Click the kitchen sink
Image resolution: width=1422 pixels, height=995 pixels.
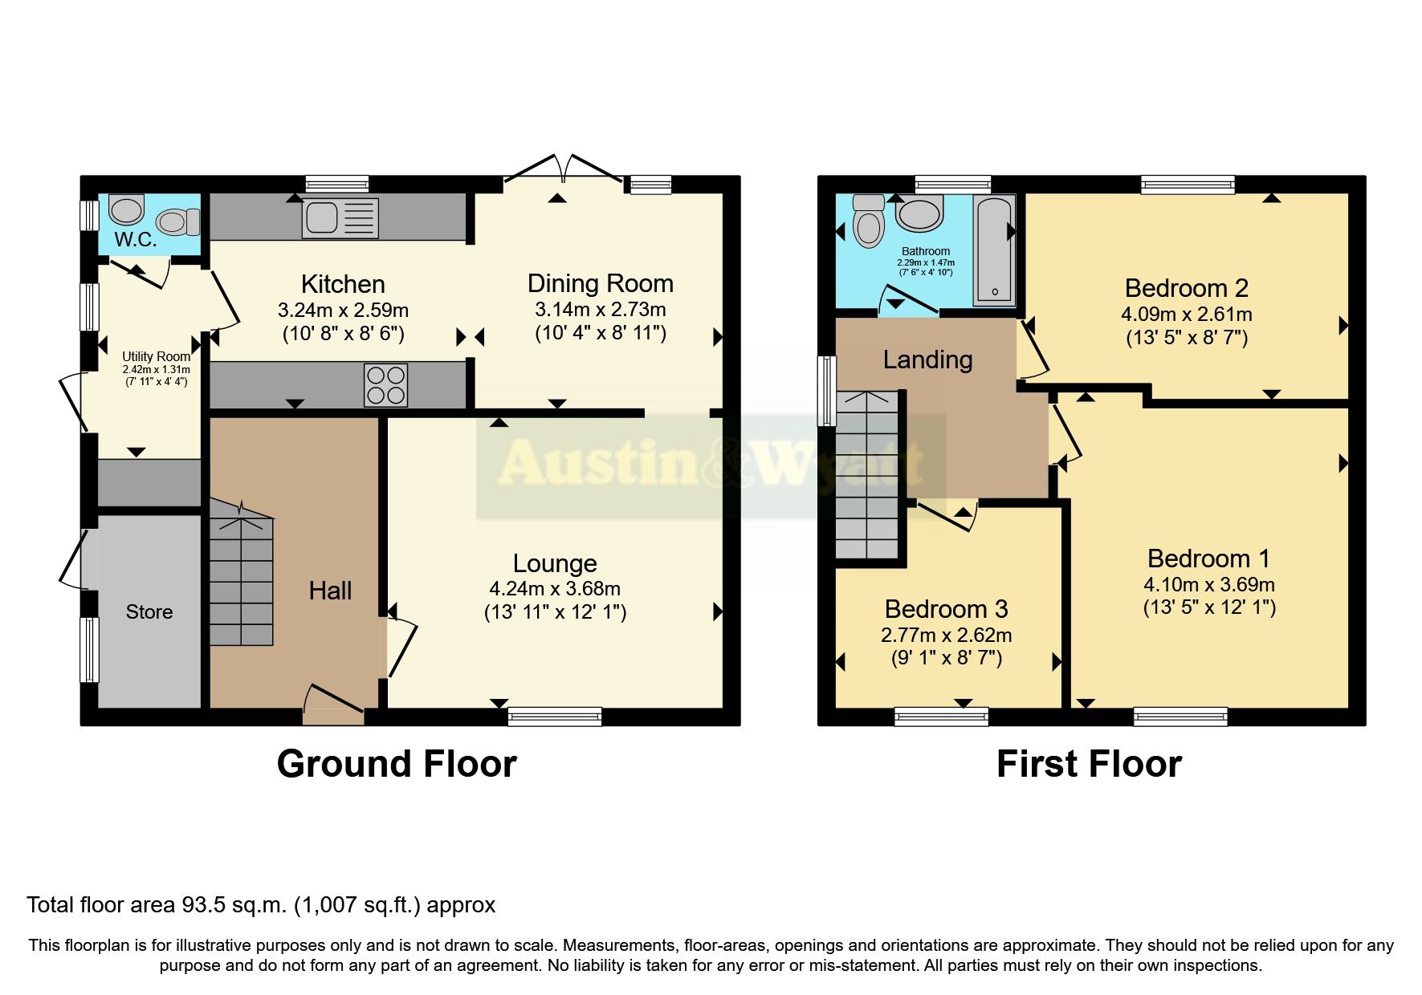[x=340, y=217]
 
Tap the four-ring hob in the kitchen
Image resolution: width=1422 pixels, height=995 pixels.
[x=386, y=385]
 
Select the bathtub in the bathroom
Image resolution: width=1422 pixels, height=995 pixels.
[x=995, y=250]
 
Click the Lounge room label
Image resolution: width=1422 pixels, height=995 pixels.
[x=555, y=563]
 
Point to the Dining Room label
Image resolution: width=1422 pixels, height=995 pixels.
[x=600, y=283]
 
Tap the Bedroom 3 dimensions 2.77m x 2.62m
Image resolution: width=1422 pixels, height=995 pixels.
[x=946, y=636]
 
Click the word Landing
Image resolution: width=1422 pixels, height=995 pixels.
[x=927, y=359]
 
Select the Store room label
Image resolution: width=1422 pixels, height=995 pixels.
[x=149, y=612]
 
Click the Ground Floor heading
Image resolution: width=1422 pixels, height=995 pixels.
[x=397, y=764]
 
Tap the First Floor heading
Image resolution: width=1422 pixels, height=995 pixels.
[x=1089, y=764]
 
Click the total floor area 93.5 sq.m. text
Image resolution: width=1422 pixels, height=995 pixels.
[x=261, y=905]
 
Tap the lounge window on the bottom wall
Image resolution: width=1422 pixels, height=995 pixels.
[x=555, y=716]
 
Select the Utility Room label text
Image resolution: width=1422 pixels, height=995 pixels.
[x=156, y=356]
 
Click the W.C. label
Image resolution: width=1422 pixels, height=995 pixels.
[x=136, y=239]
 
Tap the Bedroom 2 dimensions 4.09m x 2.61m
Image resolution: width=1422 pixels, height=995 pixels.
[x=1186, y=315]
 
